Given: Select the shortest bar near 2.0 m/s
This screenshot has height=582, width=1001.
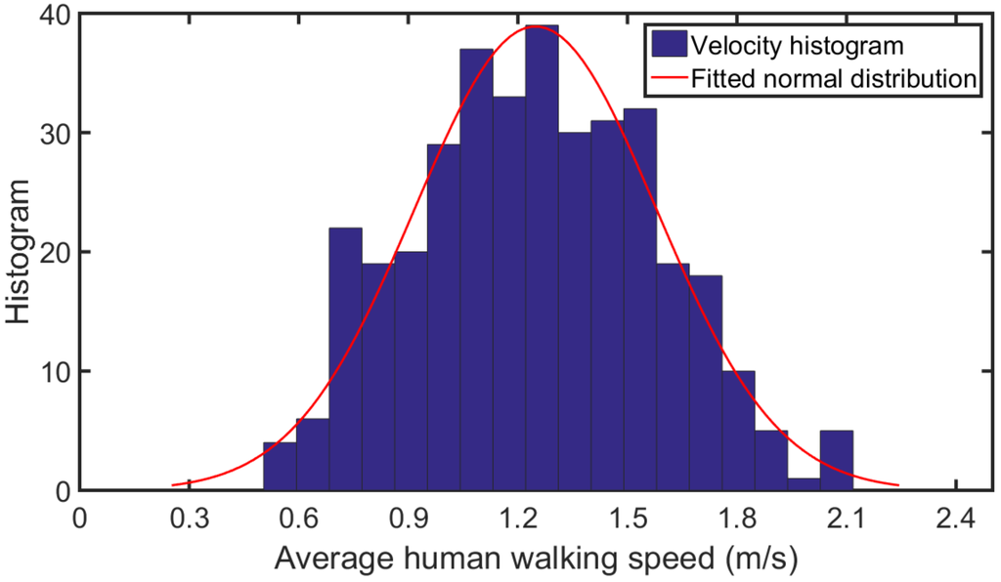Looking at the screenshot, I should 804,484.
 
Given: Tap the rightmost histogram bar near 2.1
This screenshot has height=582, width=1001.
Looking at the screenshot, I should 836,460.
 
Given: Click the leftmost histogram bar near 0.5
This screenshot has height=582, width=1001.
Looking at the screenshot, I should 280,467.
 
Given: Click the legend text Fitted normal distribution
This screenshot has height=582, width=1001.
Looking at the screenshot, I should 834,79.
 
